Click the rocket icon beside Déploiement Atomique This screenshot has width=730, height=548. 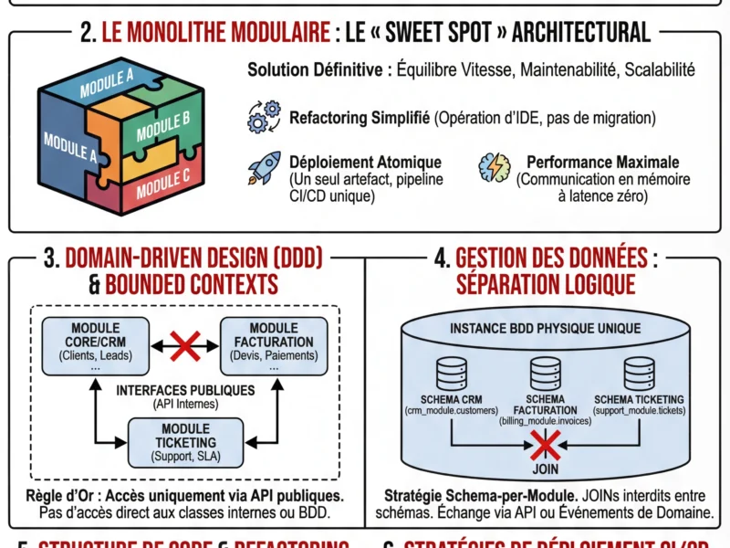(264, 169)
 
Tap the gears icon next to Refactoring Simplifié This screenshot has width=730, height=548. (264, 119)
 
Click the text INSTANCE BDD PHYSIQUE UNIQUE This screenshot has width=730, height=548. (546, 327)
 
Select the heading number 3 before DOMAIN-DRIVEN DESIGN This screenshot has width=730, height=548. (52, 258)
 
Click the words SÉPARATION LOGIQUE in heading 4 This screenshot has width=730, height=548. (546, 284)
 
